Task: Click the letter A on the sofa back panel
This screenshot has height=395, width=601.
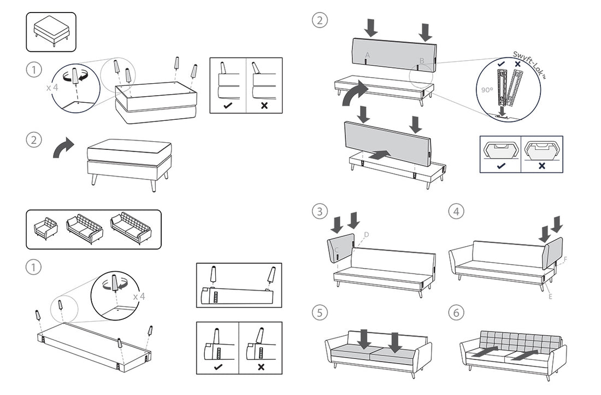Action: pos(368,55)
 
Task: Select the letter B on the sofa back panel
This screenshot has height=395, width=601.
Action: pos(421,60)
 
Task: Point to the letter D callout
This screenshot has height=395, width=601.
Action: pos(367,235)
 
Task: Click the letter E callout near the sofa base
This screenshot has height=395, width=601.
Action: pos(550,297)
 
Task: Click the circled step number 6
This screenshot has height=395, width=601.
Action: pos(456,313)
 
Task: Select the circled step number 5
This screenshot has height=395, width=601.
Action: pos(320,312)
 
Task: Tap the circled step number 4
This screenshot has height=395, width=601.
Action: pos(456,211)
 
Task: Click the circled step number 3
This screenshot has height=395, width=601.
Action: pos(320,211)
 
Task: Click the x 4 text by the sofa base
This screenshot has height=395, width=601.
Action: pos(139,296)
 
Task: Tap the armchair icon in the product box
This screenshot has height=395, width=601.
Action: pos(45,228)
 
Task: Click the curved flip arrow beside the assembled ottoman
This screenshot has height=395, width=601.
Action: pos(63,148)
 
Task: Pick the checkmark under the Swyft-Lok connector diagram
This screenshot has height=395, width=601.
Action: pos(500,165)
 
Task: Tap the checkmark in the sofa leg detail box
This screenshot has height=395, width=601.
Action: pos(218,366)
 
